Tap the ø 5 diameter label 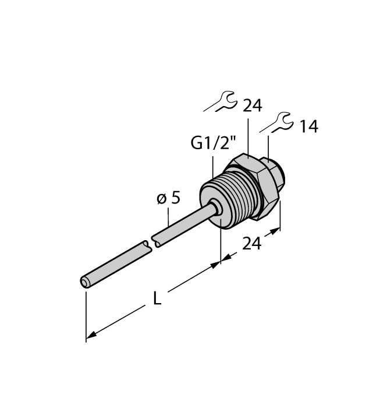click(169, 198)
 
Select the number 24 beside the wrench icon click(252, 105)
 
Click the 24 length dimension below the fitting click(251, 244)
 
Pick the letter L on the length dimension click(157, 298)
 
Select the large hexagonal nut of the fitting click(257, 181)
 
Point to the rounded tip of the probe click(86, 283)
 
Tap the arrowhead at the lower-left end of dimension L click(90, 336)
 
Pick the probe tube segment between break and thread click(186, 224)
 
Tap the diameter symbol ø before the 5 click(161, 199)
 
